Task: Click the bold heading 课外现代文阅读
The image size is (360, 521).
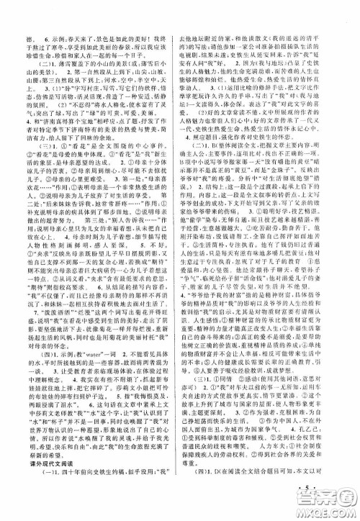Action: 45,483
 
